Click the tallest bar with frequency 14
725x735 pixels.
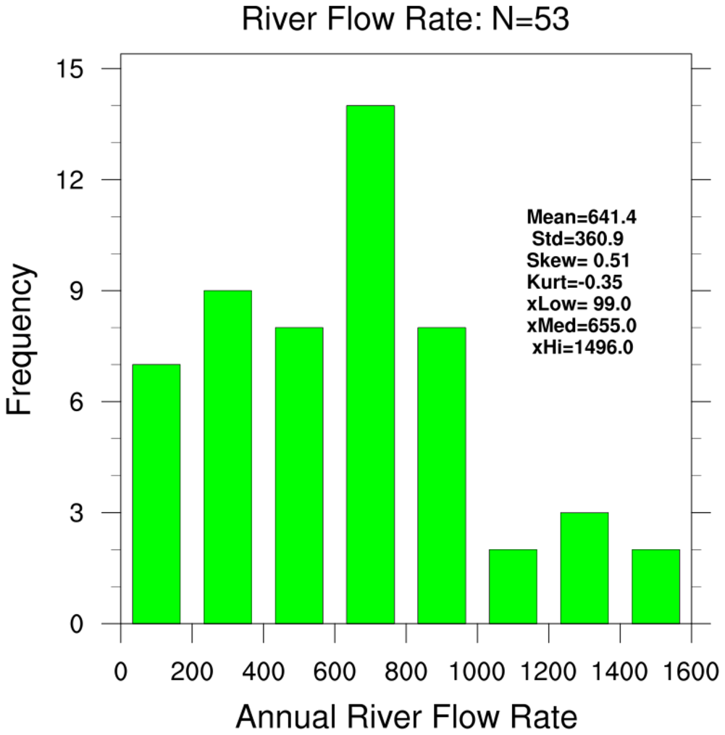[x=370, y=364]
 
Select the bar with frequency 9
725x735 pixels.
[x=227, y=456]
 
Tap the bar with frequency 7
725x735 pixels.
[x=156, y=493]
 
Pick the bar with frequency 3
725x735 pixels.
[x=584, y=568]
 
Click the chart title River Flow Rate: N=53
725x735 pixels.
[x=405, y=20]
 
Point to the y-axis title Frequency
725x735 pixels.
[x=20, y=340]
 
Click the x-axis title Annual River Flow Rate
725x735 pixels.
[x=406, y=718]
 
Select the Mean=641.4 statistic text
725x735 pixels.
[x=582, y=216]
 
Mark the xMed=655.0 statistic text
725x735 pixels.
[x=582, y=325]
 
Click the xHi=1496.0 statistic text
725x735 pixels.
[x=583, y=347]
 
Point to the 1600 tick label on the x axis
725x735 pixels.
[x=691, y=674]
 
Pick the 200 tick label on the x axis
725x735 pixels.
[x=192, y=674]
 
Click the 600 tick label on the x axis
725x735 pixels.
[x=335, y=674]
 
